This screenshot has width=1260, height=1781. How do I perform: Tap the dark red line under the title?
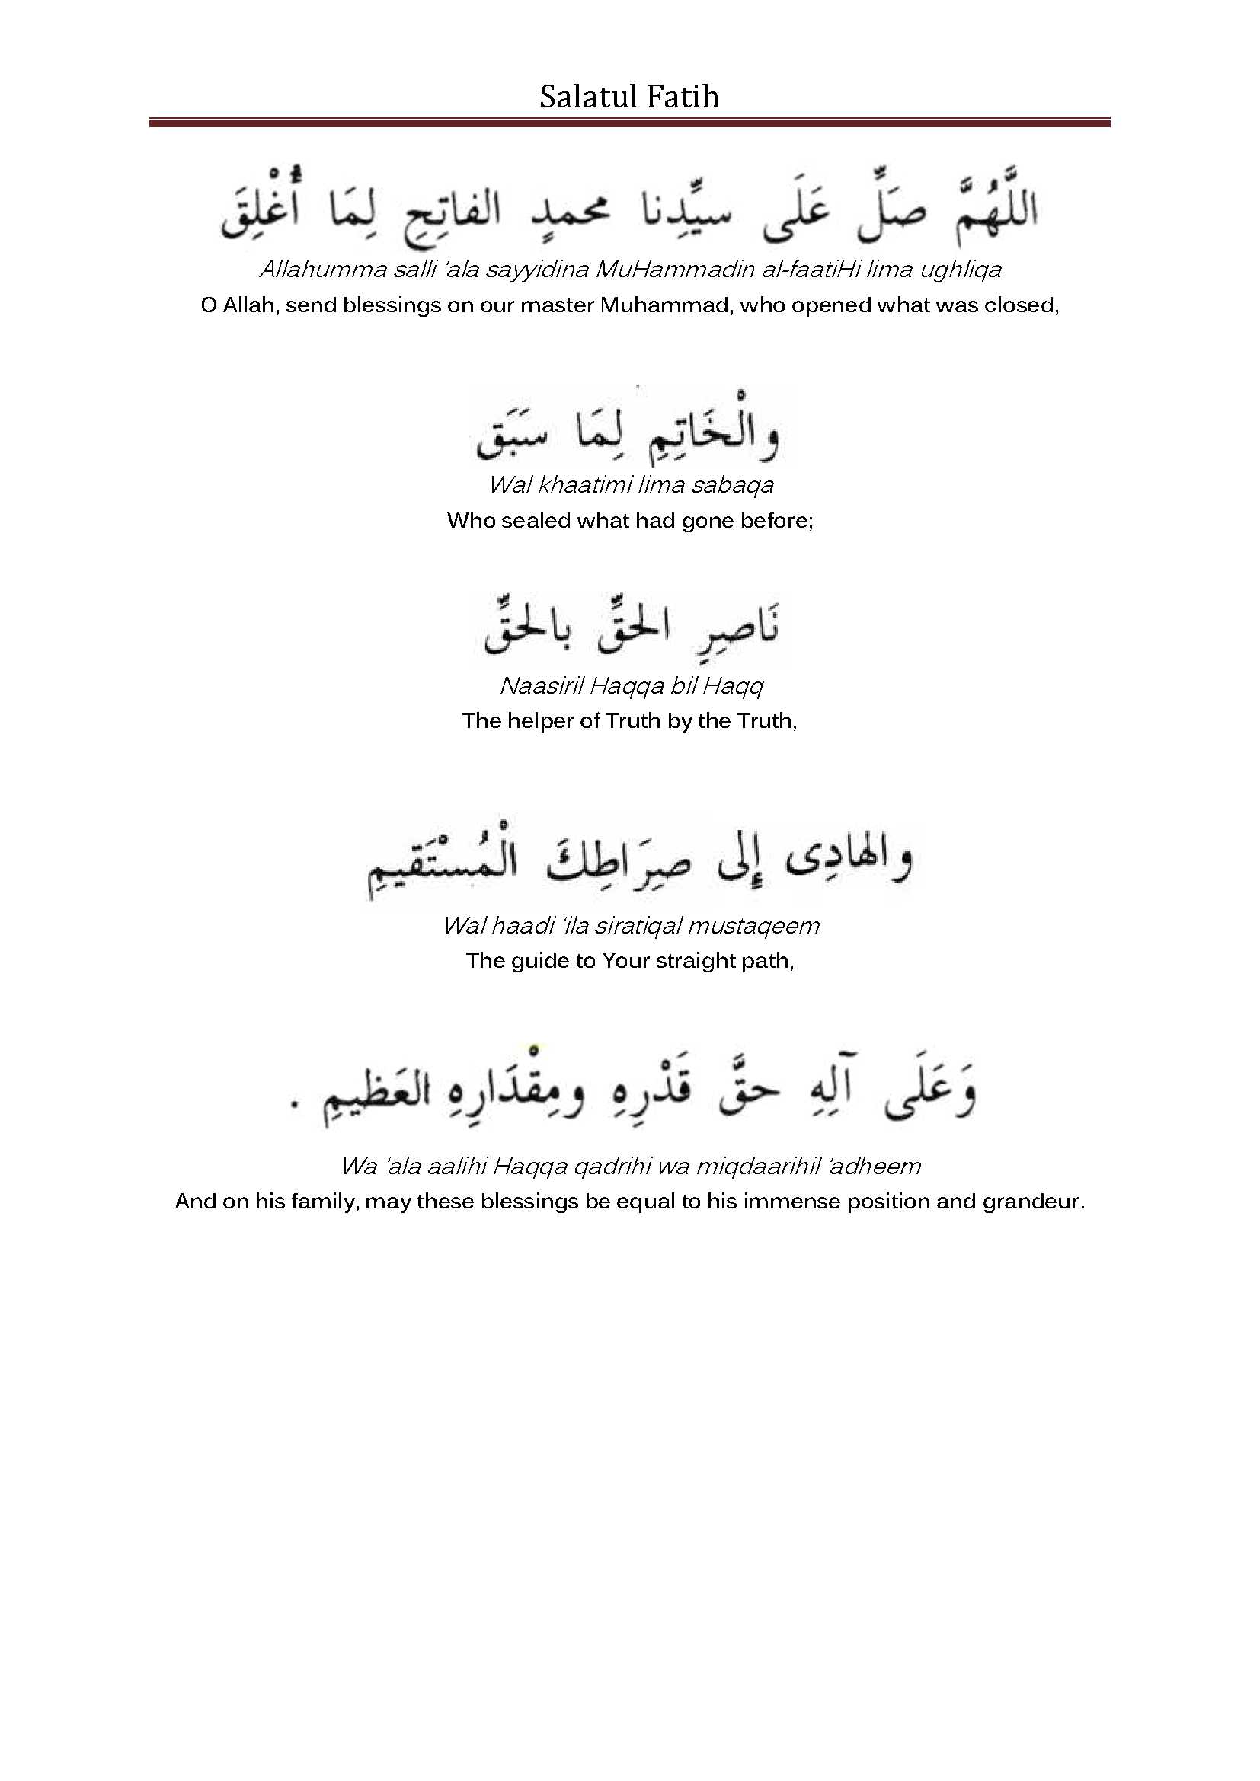point(629,123)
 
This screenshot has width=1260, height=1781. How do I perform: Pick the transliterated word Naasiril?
point(541,686)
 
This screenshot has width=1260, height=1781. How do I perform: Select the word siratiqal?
point(637,925)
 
